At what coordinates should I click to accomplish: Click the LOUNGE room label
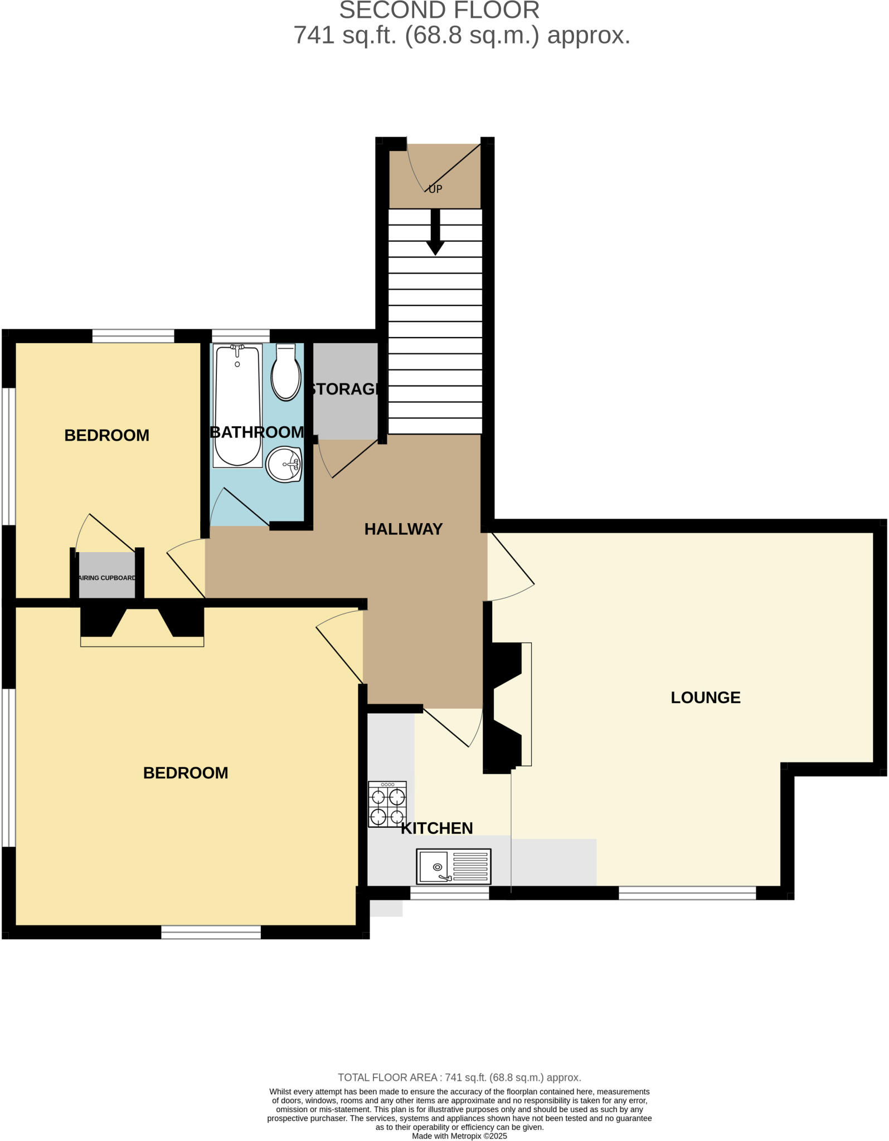[705, 697]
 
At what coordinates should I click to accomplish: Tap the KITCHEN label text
[436, 828]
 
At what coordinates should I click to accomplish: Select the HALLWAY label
[403, 529]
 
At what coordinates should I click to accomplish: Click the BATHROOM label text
[257, 432]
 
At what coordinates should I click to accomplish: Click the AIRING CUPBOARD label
[107, 578]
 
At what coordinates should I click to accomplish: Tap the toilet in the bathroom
[286, 373]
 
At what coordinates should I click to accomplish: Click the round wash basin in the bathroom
[284, 464]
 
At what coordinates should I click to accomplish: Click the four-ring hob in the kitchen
[387, 804]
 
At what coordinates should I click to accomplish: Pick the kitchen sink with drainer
[454, 866]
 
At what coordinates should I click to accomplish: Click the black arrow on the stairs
[435, 232]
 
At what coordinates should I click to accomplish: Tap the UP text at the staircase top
[435, 189]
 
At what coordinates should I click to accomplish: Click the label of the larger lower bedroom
[186, 773]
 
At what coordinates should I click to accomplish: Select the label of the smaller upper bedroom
[106, 435]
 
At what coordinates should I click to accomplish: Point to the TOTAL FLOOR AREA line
[459, 1077]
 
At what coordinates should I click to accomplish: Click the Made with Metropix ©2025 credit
[459, 1135]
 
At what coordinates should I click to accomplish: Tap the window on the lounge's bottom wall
[687, 893]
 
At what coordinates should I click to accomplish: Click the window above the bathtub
[241, 336]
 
